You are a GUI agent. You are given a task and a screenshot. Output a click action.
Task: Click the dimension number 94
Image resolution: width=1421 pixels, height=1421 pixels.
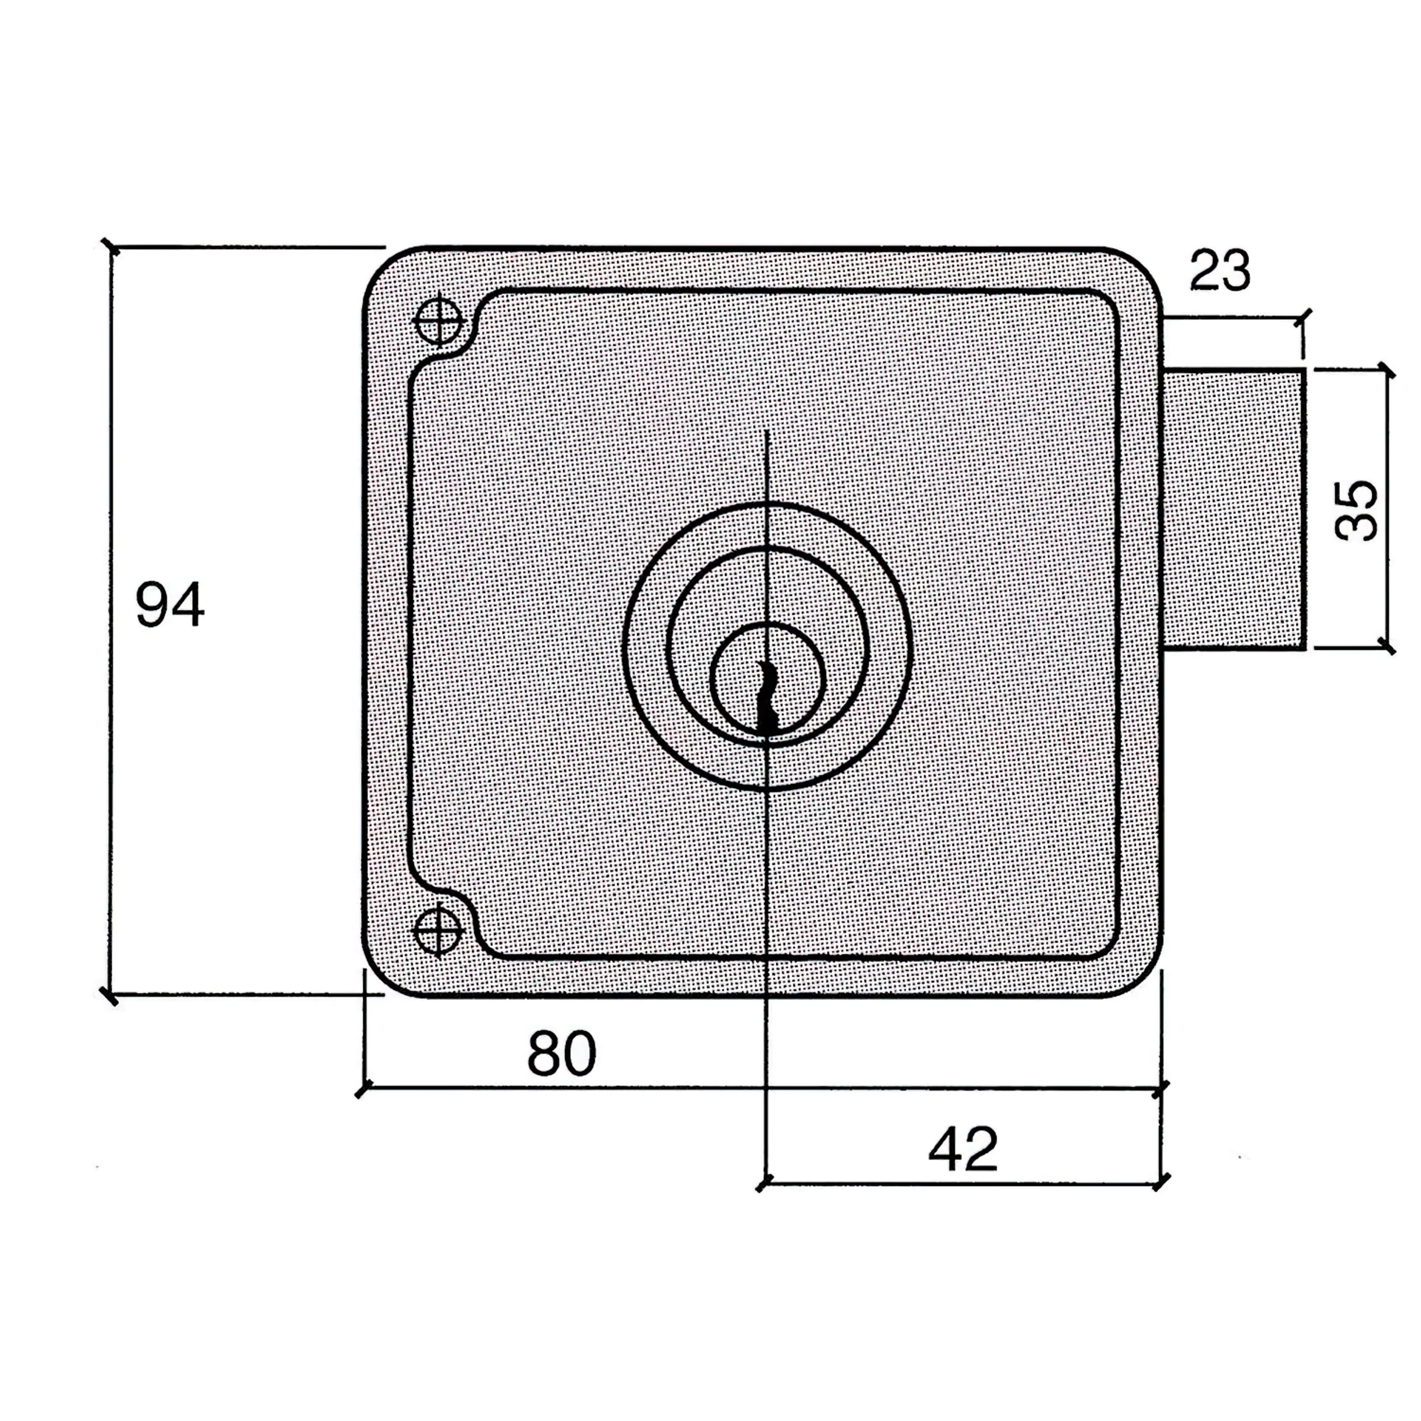point(170,605)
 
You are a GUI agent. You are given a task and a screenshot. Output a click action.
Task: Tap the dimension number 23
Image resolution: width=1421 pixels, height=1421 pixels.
point(1219,271)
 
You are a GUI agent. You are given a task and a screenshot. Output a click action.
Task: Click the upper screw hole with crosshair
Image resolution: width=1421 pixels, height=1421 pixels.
point(439,320)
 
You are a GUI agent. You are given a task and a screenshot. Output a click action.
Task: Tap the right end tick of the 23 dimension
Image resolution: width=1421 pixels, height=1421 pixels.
point(1303,318)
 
